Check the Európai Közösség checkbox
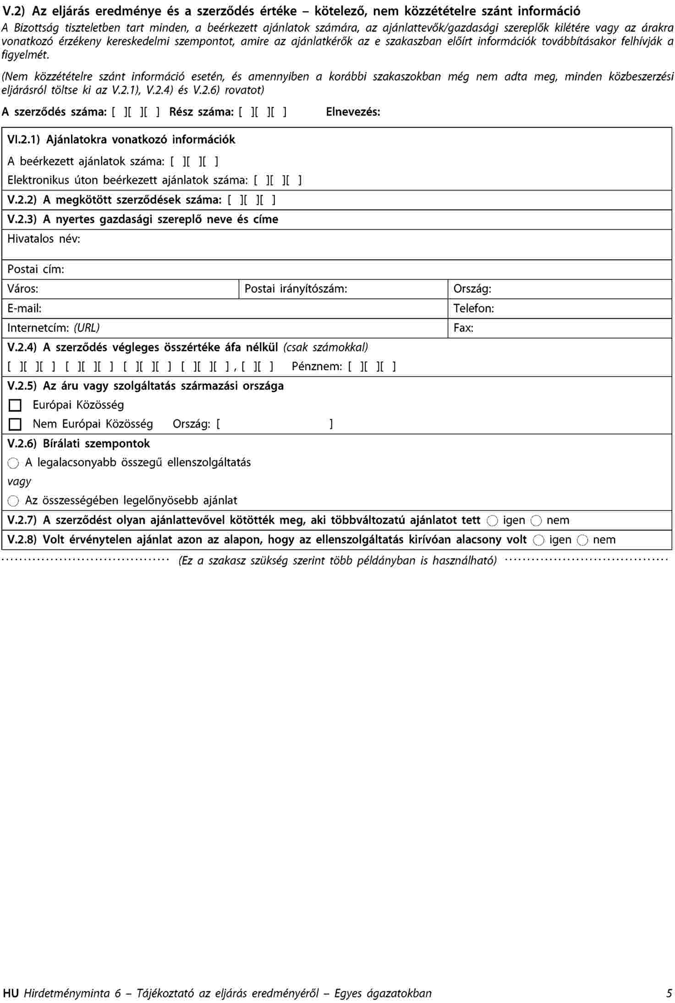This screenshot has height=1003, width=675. (x=15, y=406)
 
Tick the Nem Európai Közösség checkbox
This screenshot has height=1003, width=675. (x=15, y=425)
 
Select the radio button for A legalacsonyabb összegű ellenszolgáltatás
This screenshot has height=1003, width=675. (x=14, y=463)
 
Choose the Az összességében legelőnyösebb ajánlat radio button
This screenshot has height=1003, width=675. (x=14, y=501)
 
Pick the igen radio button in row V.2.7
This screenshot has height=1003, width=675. (x=492, y=521)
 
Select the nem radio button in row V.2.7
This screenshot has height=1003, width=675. (x=536, y=521)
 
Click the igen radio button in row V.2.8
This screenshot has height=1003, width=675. (x=539, y=540)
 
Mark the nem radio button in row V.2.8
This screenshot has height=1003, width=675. (x=582, y=540)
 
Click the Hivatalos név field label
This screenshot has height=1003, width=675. (x=44, y=239)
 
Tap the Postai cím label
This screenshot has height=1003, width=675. (x=36, y=269)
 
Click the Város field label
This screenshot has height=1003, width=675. (x=23, y=289)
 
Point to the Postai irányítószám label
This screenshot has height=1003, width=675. (x=296, y=289)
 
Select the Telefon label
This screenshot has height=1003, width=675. (x=473, y=309)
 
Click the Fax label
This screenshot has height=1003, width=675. (x=463, y=328)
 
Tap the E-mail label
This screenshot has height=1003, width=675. (x=24, y=309)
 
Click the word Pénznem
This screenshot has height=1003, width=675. (x=317, y=367)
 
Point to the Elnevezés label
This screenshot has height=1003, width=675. (x=353, y=112)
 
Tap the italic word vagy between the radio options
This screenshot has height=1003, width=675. (x=19, y=482)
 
